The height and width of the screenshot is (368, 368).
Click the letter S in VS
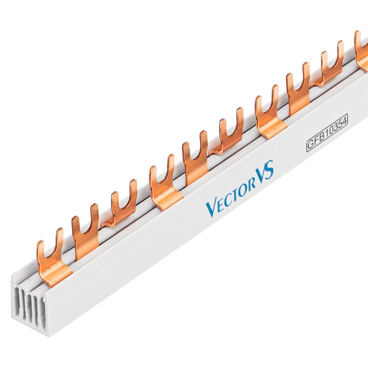[269, 170]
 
